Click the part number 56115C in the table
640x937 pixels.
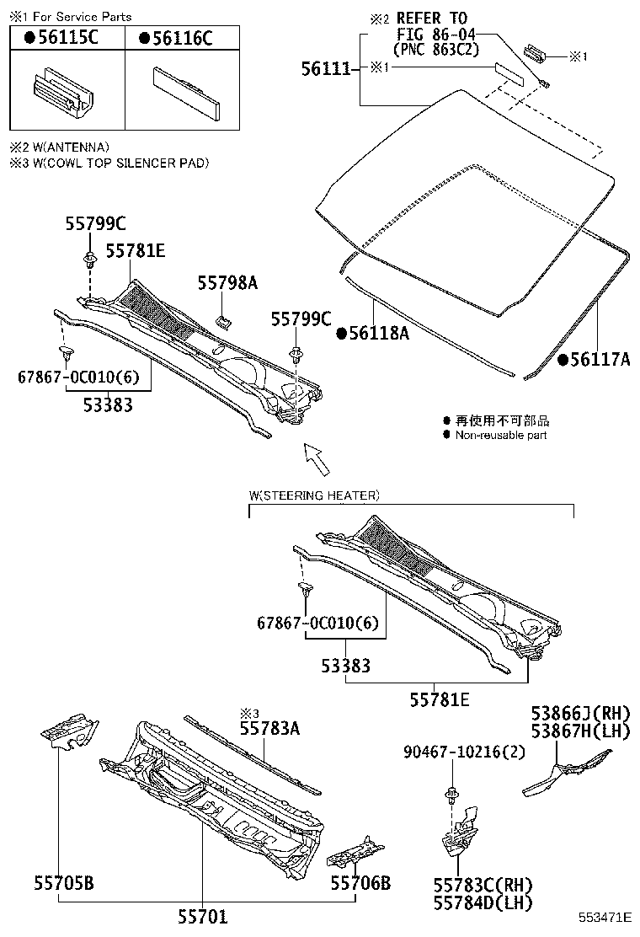tap(60, 38)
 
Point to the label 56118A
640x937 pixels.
tap(378, 334)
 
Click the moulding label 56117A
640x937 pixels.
tap(599, 360)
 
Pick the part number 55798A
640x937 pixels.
tap(227, 284)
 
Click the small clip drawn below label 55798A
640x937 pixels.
tap(225, 320)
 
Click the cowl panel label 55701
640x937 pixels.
tap(202, 916)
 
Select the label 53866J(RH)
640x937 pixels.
tap(580, 713)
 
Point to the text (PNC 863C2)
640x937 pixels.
tap(436, 50)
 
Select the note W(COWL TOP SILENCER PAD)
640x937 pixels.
tap(109, 163)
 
